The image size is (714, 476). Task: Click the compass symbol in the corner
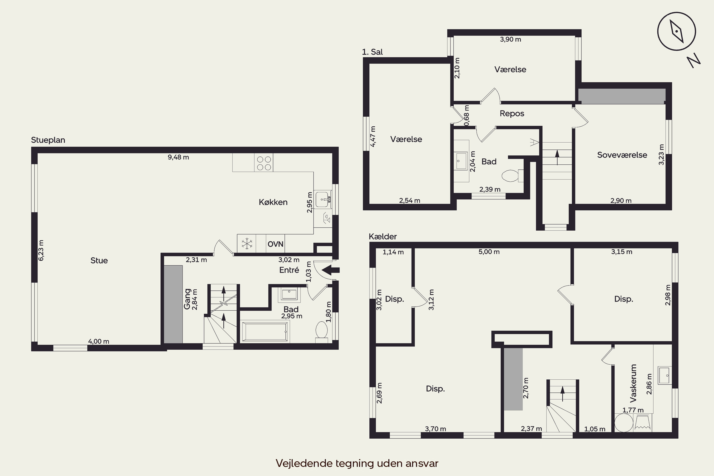[x=677, y=31]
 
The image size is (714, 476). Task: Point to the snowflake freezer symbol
[x=247, y=244]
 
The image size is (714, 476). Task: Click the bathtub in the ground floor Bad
[x=265, y=332]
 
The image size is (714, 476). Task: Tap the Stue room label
[x=99, y=260]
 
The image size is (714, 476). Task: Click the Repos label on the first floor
[x=512, y=114]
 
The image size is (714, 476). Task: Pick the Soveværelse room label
[x=622, y=155]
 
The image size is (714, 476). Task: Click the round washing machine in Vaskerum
[x=624, y=423]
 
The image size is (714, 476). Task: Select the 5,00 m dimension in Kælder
[x=489, y=252]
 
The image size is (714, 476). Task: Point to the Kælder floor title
[x=382, y=237]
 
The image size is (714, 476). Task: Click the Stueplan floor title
[x=48, y=140]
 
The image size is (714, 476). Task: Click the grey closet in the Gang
[x=173, y=304]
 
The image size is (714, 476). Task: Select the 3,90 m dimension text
[x=510, y=40]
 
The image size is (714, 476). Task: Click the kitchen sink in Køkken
[x=323, y=199]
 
